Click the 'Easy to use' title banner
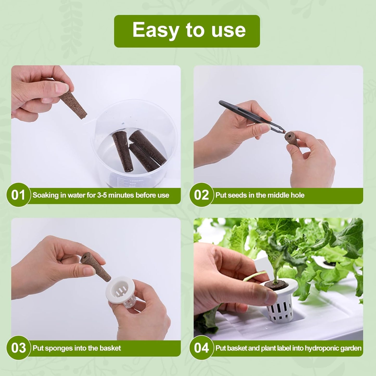pos(187,31)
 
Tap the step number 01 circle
pos(18,195)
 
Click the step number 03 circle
pos(18,348)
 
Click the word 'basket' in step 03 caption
pos(110,348)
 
